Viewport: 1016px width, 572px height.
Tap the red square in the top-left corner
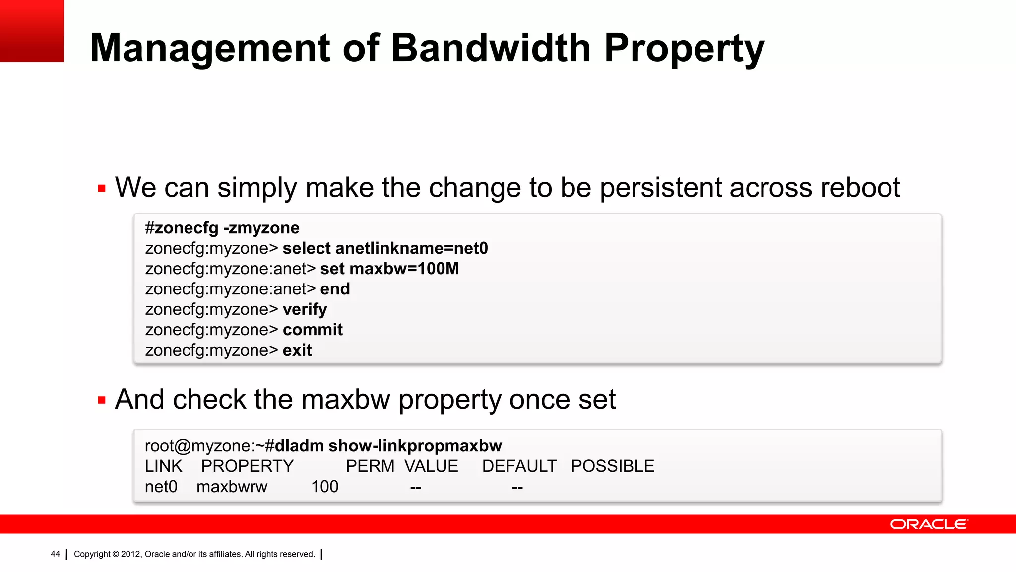point(32,31)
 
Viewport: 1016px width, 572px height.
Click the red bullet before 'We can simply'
point(102,189)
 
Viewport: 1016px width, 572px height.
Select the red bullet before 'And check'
point(102,401)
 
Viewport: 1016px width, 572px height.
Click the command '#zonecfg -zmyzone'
point(222,228)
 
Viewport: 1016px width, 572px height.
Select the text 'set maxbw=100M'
point(389,269)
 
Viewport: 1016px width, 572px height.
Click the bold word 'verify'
point(305,309)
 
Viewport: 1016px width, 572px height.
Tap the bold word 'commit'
point(313,330)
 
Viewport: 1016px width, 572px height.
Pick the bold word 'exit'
point(297,350)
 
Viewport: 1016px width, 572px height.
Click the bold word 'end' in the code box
point(335,289)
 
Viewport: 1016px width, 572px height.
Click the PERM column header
point(370,466)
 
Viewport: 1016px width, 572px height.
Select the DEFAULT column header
point(519,466)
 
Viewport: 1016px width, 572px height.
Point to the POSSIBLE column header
point(612,466)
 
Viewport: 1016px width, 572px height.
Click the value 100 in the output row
point(324,487)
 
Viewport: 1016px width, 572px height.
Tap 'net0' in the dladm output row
point(161,487)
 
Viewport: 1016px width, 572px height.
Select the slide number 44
point(55,554)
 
